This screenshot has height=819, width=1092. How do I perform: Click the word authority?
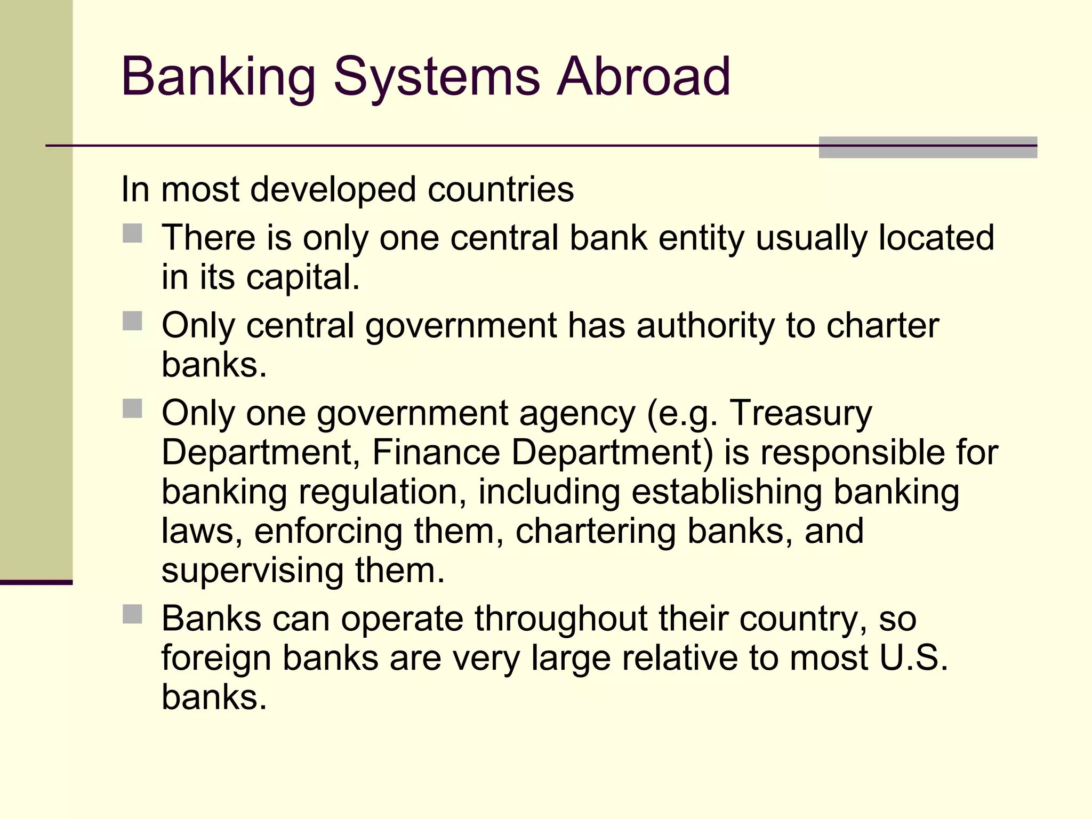pos(706,326)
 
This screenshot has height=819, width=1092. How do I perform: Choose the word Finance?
pos(436,452)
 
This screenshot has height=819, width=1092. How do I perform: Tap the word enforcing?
pos(328,532)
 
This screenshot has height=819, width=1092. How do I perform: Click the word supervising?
pos(252,572)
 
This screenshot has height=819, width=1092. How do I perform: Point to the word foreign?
pos(216,659)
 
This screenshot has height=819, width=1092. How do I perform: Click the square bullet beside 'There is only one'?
pos(132,234)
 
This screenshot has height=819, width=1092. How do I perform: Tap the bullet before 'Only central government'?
pos(132,321)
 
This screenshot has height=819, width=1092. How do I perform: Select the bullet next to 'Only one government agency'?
pos(132,409)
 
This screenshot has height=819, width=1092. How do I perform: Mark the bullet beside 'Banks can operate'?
pos(132,614)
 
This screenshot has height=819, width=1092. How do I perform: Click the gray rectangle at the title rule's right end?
pos(928,148)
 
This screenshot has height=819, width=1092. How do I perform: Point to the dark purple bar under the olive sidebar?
pos(36,582)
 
